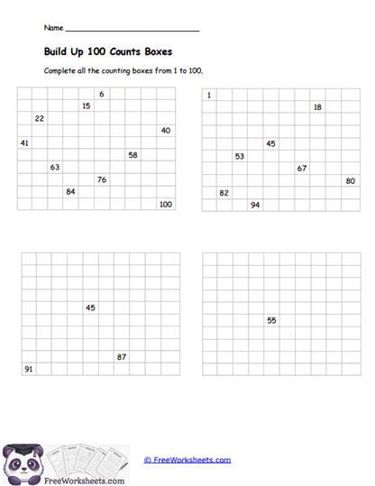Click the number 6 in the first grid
[x=102, y=94]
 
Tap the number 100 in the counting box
[x=165, y=205]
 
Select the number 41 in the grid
[x=24, y=142]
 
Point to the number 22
[x=39, y=118]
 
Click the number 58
[x=133, y=155]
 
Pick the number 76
[x=102, y=179]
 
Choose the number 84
[x=70, y=191]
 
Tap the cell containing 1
[x=209, y=95]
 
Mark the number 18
[x=317, y=107]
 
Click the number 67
[x=302, y=168]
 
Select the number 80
[x=350, y=180]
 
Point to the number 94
[x=255, y=205]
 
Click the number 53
[x=240, y=156]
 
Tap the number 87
[x=122, y=357]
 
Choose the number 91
[x=28, y=369]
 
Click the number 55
[x=271, y=320]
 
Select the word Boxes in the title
[x=154, y=51]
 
